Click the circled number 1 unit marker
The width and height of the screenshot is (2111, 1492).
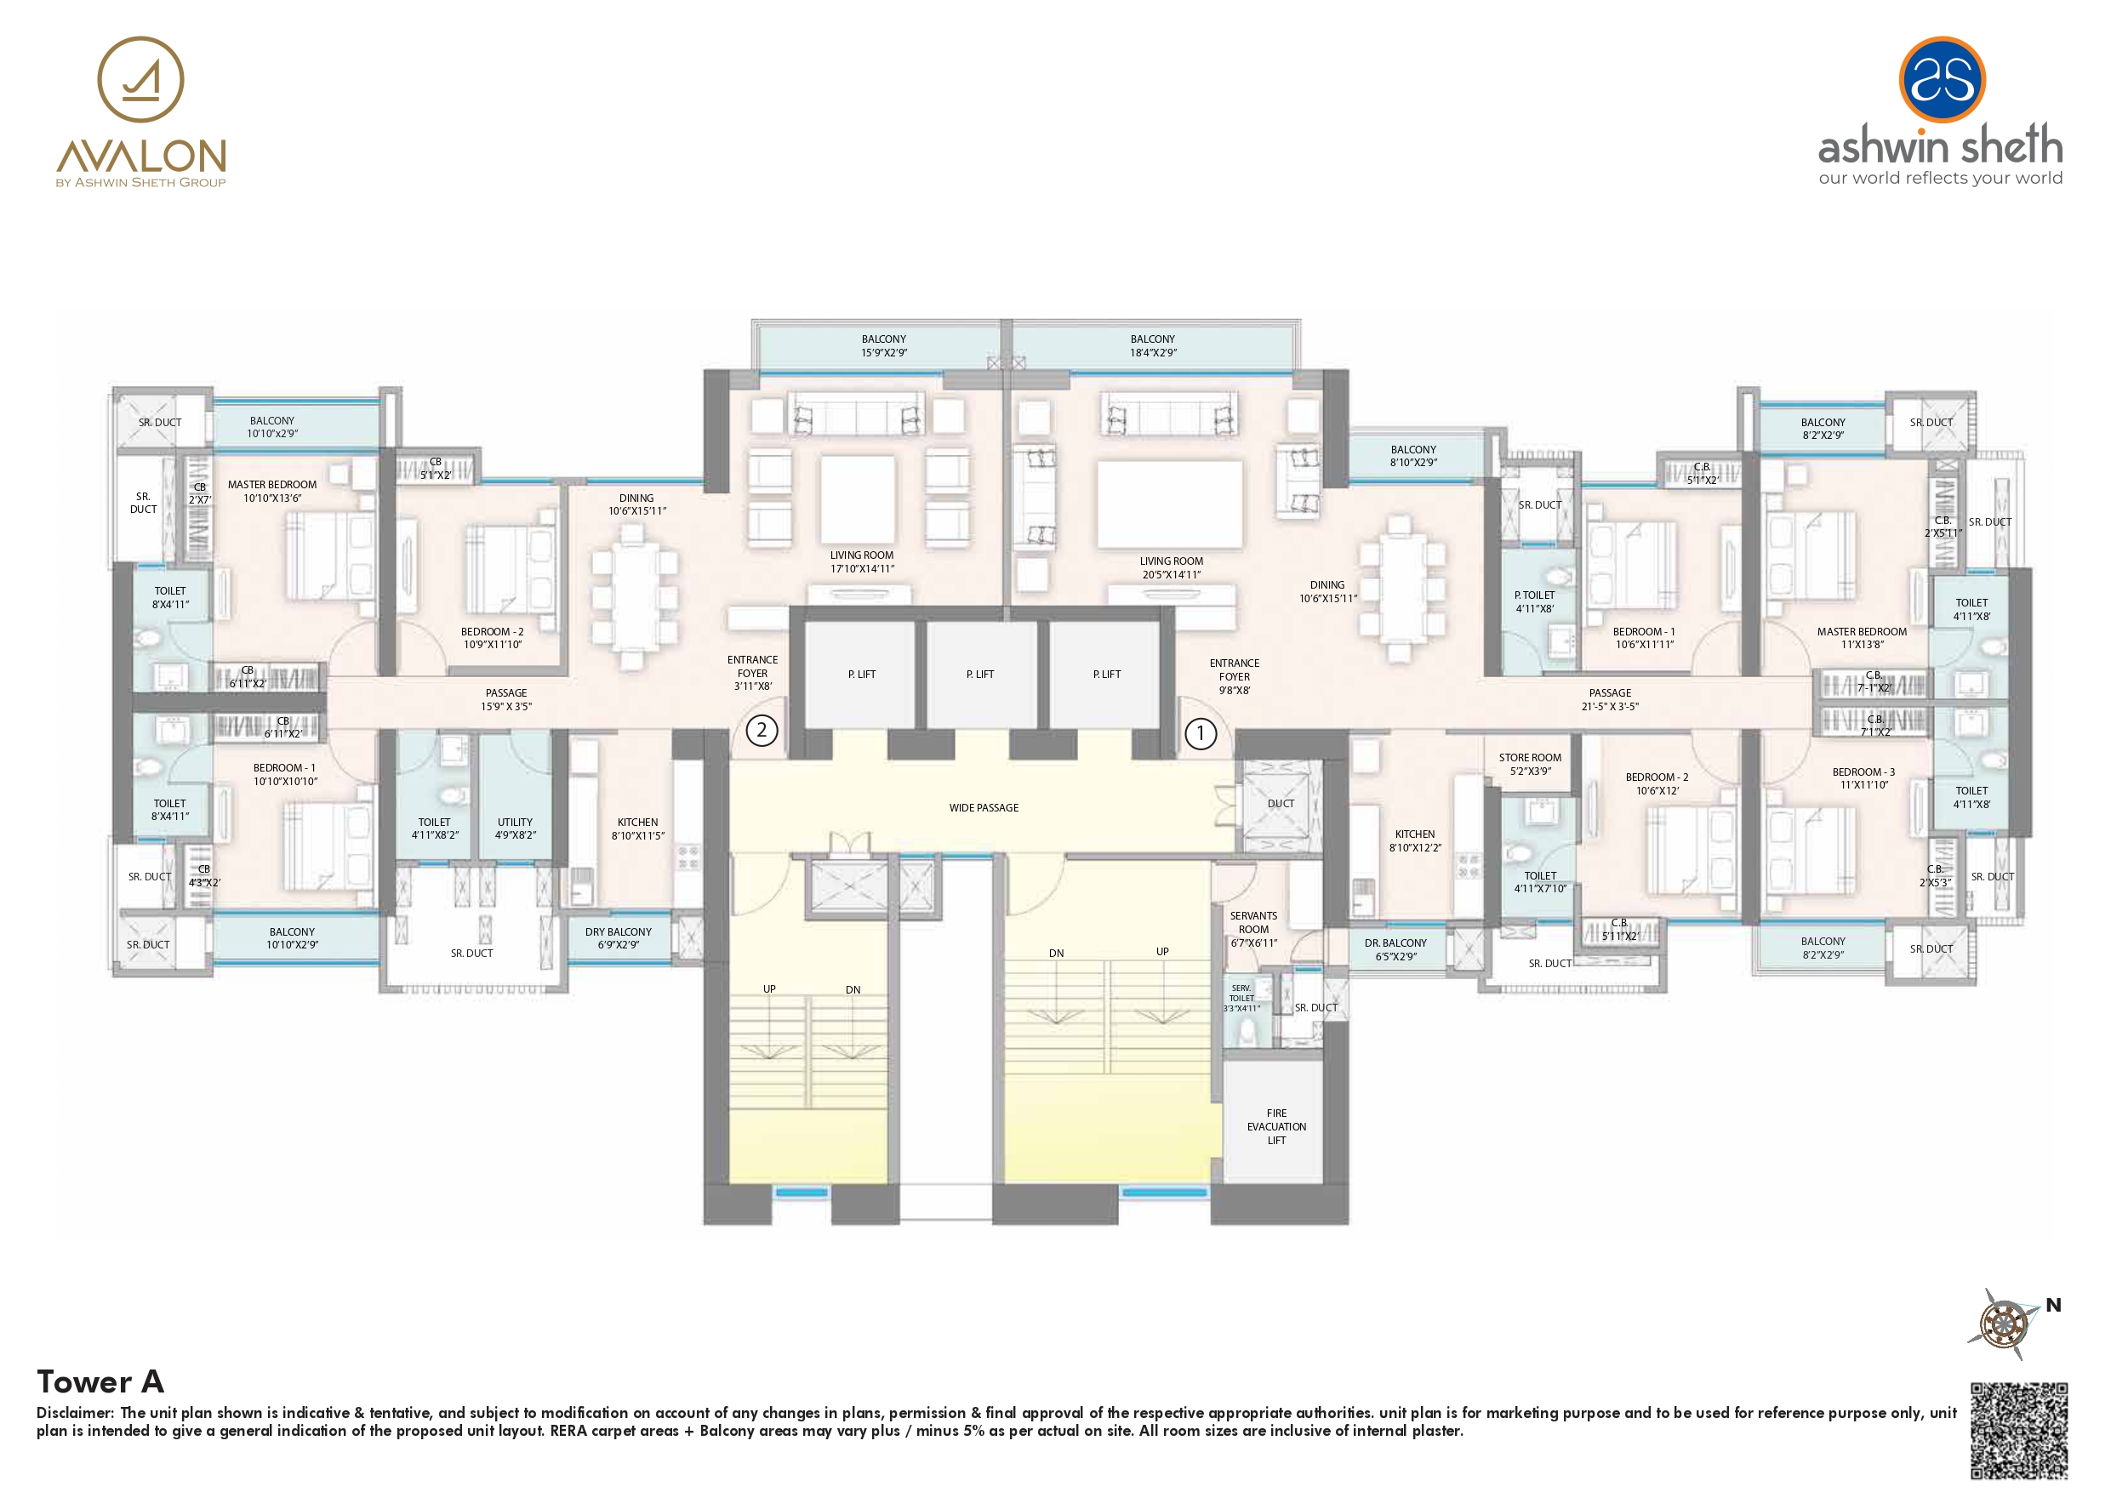[x=1200, y=733]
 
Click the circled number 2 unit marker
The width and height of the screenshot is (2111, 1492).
[x=762, y=731]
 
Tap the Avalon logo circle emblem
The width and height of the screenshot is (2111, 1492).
[x=140, y=79]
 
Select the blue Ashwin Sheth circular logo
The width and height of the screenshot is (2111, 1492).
[x=1942, y=79]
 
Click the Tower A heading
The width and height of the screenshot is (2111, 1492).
[x=100, y=1381]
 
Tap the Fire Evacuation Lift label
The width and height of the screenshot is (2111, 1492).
[x=1276, y=1126]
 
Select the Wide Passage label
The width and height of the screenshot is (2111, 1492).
[x=984, y=808]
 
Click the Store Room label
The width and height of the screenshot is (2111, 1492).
[x=1530, y=764]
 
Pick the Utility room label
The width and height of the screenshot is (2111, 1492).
[x=515, y=829]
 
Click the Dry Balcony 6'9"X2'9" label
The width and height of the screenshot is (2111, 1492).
[x=618, y=937]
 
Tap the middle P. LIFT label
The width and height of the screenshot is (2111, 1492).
[x=980, y=675]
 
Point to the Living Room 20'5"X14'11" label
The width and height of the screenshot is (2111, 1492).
[x=1172, y=567]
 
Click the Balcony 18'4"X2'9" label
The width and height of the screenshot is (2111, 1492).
[x=1153, y=345]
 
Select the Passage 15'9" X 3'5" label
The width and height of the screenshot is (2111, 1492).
[x=506, y=699]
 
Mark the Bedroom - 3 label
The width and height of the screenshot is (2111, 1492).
[x=1863, y=778]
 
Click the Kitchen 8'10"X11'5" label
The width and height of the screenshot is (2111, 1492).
[x=638, y=829]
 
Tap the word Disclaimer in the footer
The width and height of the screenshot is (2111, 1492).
[x=76, y=1412]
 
